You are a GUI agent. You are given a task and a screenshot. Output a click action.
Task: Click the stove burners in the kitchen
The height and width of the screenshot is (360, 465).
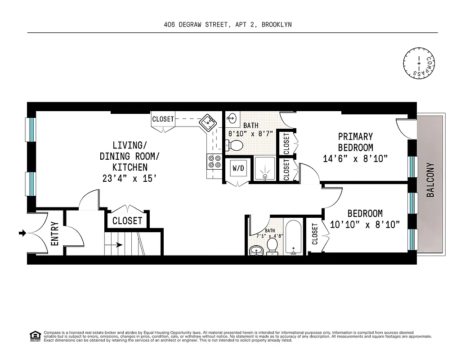(214, 162)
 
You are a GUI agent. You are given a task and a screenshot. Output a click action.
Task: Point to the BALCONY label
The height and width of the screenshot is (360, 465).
(430, 180)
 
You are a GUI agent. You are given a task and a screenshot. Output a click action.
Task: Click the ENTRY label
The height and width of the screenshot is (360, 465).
(55, 234)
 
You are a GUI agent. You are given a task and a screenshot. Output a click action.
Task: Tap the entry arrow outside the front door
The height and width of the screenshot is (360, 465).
(22, 233)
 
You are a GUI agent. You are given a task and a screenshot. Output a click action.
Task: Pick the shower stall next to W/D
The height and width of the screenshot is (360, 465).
(265, 169)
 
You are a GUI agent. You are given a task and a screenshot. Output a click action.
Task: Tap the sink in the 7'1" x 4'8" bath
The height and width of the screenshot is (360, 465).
(256, 250)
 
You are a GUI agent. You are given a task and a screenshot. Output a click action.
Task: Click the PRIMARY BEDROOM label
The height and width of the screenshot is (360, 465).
(355, 142)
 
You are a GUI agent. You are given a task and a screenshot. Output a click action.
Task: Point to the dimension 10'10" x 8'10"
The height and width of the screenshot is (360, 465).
(365, 225)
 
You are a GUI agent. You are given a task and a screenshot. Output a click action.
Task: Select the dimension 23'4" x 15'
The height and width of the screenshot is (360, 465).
(130, 178)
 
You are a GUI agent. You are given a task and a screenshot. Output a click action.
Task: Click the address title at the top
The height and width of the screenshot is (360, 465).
(228, 25)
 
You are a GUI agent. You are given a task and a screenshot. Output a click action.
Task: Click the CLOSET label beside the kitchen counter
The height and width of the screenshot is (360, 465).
(163, 119)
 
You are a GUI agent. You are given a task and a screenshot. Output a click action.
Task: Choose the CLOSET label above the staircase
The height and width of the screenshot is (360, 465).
(127, 221)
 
